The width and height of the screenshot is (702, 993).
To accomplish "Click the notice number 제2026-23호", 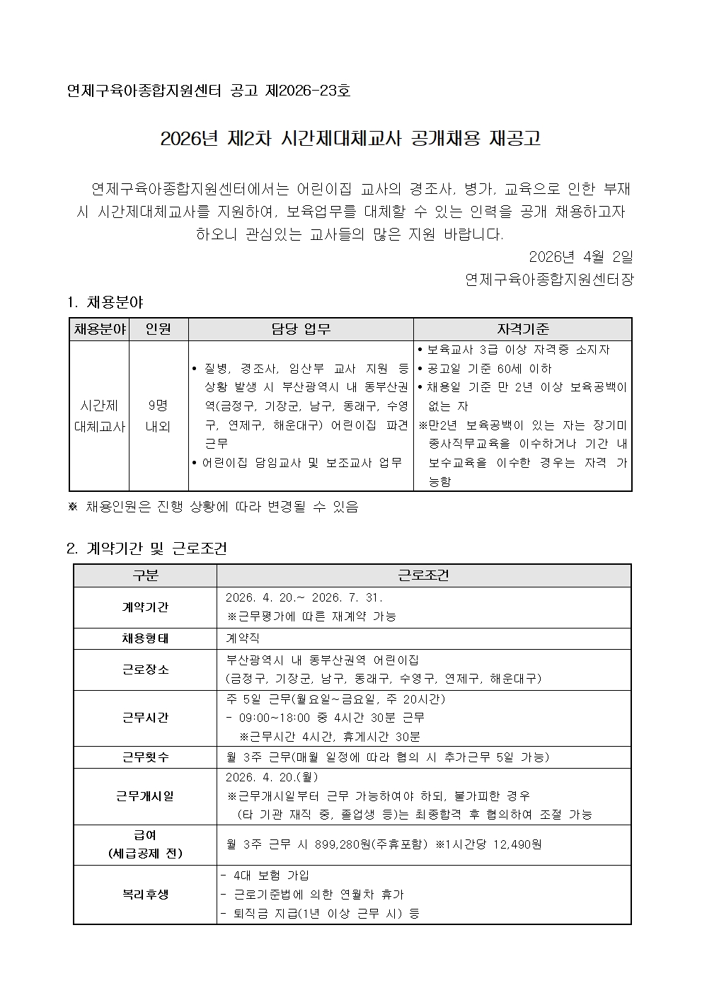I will pyautogui.click(x=307, y=91).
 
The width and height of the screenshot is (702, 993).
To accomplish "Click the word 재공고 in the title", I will pyautogui.click(x=514, y=138).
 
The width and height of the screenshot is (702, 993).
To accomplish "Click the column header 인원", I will pyautogui.click(x=158, y=329).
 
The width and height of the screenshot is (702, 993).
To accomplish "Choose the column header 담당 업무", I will pyautogui.click(x=301, y=329).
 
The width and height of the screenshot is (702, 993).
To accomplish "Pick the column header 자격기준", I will pyautogui.click(x=522, y=329).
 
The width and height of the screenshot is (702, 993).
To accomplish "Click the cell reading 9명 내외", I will pyautogui.click(x=158, y=415).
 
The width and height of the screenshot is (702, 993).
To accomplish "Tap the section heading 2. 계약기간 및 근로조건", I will pyautogui.click(x=146, y=549).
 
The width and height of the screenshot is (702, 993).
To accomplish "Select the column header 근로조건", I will pyautogui.click(x=423, y=575).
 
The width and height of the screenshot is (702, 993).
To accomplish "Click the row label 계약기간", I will pyautogui.click(x=145, y=607).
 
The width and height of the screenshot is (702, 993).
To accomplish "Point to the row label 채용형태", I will pyautogui.click(x=145, y=638).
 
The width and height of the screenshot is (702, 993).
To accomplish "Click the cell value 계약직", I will pyautogui.click(x=243, y=638).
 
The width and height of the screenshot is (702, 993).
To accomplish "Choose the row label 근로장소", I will pyautogui.click(x=145, y=669).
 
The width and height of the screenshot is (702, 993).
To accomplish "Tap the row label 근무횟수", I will pyautogui.click(x=145, y=757).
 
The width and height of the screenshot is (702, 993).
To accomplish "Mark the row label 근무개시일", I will pyautogui.click(x=145, y=796).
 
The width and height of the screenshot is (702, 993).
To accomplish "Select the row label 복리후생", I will pyautogui.click(x=145, y=894).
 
